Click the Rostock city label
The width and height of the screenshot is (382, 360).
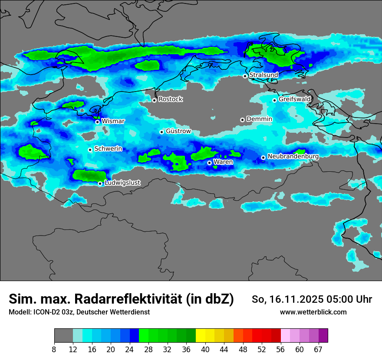click(170, 99)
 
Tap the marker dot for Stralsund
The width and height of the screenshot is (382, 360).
click(245, 76)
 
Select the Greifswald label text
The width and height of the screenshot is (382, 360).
click(294, 99)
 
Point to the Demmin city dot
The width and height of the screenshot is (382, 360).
click(242, 120)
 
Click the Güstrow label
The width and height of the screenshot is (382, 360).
click(178, 131)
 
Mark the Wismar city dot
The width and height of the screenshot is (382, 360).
click(97, 122)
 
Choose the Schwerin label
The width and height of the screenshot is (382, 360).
click(108, 149)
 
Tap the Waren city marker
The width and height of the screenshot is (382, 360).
click(209, 163)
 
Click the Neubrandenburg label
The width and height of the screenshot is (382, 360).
click(293, 157)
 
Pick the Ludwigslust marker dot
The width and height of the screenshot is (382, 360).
click(100, 183)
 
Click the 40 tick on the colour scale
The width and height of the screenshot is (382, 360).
click(205, 350)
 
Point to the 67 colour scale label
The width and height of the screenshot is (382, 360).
click(318, 350)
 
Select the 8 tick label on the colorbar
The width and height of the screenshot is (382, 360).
click(54, 350)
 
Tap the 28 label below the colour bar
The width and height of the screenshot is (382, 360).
click(148, 350)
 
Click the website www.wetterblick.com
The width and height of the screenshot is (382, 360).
click(313, 312)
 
